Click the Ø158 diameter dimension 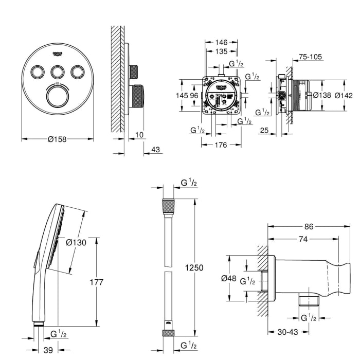pyautogui.click(x=58, y=139)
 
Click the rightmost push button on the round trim pyautogui.click(x=77, y=72)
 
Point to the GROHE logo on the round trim pyautogui.click(x=58, y=54)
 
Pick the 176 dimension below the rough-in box pyautogui.click(x=221, y=145)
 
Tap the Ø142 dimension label pyautogui.click(x=344, y=95)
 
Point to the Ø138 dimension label pyautogui.click(x=321, y=95)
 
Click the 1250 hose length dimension pyautogui.click(x=195, y=268)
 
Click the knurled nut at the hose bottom pyautogui.click(x=169, y=333)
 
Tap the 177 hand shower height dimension pyautogui.click(x=96, y=282)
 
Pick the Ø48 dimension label pyautogui.click(x=228, y=278)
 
